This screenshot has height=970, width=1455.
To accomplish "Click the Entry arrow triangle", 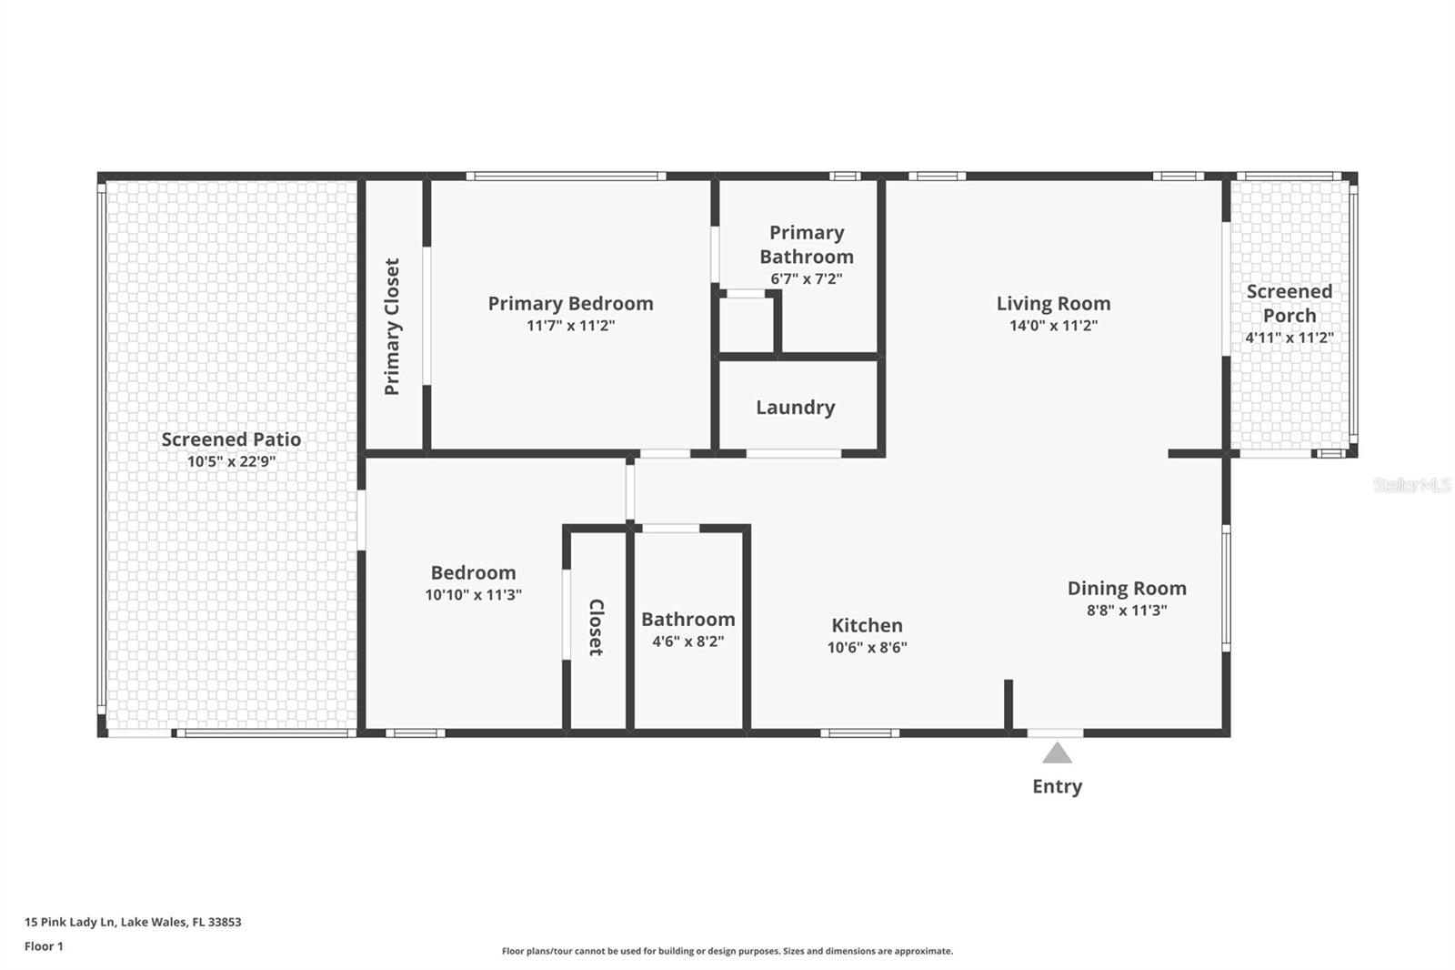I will point(1057,753).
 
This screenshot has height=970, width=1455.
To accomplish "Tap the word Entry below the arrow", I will point(1057,786).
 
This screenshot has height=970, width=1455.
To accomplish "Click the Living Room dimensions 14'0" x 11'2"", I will point(1053,326).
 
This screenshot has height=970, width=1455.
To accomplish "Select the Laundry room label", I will point(795,408).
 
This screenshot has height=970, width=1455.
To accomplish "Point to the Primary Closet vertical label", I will point(392,327).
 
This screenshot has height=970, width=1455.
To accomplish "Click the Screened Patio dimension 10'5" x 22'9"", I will point(231,461).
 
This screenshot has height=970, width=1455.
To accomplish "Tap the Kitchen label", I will point(867,625).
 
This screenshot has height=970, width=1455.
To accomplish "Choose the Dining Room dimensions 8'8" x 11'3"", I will point(1127,611).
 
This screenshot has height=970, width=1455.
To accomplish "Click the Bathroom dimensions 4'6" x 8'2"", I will point(687,642).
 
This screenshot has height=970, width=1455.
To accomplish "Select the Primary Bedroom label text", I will point(570,304).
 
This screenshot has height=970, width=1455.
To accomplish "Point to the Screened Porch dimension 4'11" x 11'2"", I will point(1289,338).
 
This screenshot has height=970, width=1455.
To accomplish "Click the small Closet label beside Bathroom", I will point(596,627).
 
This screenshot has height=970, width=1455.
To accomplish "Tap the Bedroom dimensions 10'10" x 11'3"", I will point(473,595).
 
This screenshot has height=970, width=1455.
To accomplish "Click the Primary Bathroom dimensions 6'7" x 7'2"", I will point(806,279).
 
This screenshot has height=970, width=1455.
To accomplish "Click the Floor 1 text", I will point(44,946).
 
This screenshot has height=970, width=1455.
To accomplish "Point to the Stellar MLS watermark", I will point(1411,485).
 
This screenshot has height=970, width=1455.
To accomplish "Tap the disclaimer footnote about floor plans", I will point(727,951).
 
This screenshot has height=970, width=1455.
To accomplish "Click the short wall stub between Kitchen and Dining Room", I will point(1008,704).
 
